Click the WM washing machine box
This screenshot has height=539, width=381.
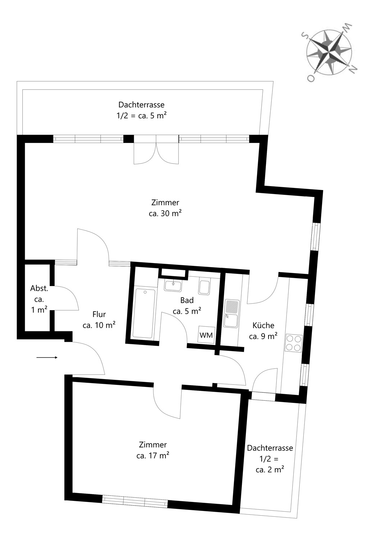[206, 335]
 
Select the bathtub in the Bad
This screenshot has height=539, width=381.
[144, 314]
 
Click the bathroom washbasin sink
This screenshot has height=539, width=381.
[173, 286]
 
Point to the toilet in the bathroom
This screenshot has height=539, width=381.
[204, 287]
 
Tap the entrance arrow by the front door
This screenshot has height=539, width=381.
[47, 358]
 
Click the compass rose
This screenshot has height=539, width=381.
[329, 52]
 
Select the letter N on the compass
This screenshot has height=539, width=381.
[353, 69]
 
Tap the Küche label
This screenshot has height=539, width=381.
[263, 325]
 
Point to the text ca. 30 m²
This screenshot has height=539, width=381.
[165, 213]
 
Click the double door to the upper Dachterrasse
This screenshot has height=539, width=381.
[156, 149]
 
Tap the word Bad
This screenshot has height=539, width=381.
[187, 300]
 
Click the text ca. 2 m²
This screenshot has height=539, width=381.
[270, 469]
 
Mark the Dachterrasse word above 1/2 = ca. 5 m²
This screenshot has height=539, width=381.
[142, 105]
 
